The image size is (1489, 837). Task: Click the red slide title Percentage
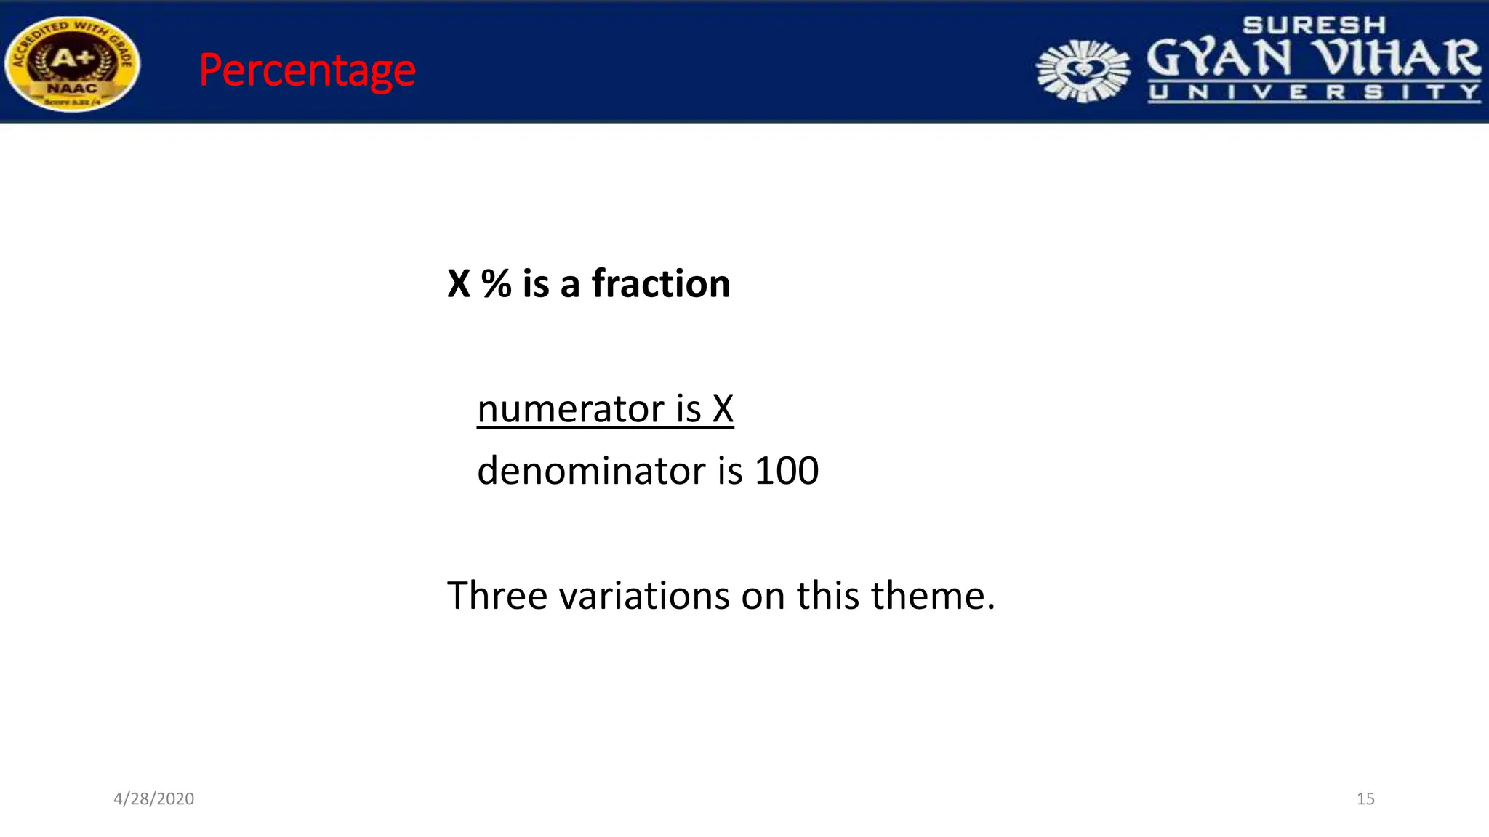(307, 70)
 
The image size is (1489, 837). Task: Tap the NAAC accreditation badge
(72, 64)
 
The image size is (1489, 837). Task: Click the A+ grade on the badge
(71, 58)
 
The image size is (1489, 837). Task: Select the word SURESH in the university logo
(1314, 25)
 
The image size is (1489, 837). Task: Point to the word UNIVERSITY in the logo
(1314, 92)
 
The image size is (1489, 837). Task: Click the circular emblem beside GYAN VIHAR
(1083, 70)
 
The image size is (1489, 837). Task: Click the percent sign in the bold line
(496, 283)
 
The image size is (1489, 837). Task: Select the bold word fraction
(660, 283)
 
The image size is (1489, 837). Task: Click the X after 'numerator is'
(723, 408)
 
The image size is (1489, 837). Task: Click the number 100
(787, 471)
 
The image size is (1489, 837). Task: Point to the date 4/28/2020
(153, 798)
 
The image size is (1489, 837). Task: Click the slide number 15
(1365, 798)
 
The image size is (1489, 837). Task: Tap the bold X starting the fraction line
(459, 283)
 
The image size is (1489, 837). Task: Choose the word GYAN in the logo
(1219, 58)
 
